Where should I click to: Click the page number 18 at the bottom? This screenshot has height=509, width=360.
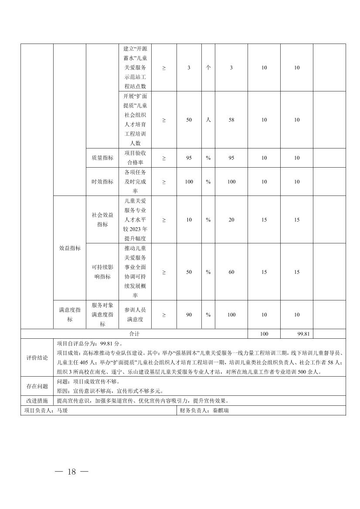(72, 472)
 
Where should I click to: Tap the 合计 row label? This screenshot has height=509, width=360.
(134, 334)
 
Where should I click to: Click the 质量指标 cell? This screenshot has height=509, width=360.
(102, 158)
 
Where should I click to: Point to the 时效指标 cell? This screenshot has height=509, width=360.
(102, 182)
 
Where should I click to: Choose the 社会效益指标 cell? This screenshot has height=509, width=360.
(102, 219)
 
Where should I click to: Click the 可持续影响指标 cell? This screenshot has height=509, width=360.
(102, 272)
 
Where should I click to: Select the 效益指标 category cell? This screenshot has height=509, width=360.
(70, 248)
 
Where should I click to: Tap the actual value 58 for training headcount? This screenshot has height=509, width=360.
(231, 120)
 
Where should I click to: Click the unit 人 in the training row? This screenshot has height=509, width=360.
(208, 120)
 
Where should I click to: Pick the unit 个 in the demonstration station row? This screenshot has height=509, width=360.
(208, 67)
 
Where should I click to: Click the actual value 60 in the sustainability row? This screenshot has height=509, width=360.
(231, 272)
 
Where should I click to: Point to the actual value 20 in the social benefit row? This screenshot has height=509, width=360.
(231, 219)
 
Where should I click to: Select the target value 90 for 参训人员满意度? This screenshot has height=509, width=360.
(189, 314)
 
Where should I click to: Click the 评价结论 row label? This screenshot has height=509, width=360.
(37, 357)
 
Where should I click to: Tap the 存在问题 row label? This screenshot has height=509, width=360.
(37, 386)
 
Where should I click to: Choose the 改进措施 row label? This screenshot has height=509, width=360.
(37, 401)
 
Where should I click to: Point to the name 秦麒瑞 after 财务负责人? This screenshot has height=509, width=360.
(220, 410)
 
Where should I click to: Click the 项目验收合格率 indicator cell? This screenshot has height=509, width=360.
(135, 158)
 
